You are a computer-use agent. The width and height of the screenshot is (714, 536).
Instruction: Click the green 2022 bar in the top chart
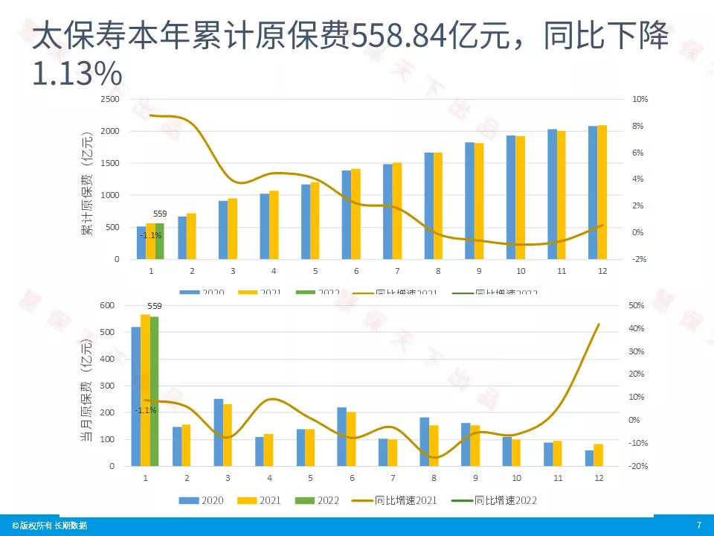(x=159, y=241)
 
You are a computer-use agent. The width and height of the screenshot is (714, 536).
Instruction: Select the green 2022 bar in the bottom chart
(x=155, y=391)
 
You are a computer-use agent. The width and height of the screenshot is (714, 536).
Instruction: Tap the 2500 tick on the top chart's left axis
(x=109, y=99)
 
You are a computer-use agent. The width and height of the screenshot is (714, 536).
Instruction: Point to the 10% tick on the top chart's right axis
(x=640, y=99)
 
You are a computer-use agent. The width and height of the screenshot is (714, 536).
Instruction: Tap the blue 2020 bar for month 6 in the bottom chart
(x=341, y=436)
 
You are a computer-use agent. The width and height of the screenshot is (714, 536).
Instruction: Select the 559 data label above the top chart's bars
(x=160, y=214)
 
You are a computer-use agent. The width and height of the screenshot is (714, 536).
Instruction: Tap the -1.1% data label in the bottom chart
(x=146, y=410)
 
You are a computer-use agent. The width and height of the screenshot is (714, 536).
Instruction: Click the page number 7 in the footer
(x=698, y=526)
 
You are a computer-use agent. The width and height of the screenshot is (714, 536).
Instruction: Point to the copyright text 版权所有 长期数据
(x=49, y=526)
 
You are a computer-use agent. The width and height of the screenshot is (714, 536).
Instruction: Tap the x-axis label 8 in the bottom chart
(x=434, y=477)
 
